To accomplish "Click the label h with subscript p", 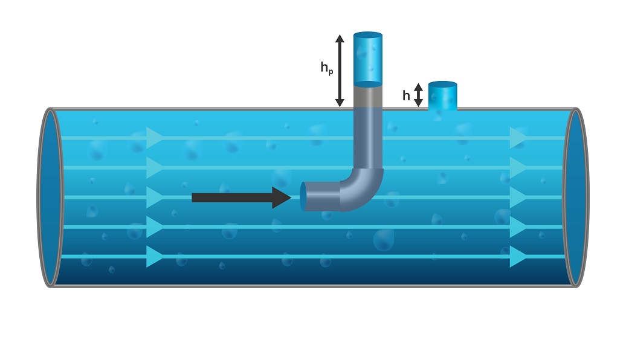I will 326,68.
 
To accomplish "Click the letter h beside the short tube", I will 406,95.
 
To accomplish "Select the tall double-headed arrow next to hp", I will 340,71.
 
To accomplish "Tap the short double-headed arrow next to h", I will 418,95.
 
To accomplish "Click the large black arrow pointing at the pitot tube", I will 242,198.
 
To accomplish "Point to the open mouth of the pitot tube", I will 303,196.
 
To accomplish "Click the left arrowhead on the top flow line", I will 155,138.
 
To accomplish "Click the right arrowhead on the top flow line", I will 518,138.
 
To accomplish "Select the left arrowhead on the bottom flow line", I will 155,257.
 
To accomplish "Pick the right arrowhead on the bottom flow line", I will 518,257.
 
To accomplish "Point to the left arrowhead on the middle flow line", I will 155,198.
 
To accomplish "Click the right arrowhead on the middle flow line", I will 518,198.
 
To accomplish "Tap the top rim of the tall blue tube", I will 367,35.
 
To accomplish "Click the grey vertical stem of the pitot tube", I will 367,133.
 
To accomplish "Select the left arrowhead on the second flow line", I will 155,167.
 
